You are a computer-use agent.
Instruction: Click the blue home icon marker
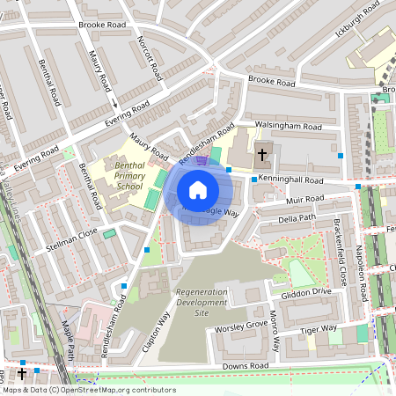point(198,190)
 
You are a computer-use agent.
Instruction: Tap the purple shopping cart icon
point(202,160)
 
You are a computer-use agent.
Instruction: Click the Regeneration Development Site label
point(202,302)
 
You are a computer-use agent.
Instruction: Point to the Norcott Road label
point(150,57)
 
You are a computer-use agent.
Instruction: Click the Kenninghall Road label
point(292,180)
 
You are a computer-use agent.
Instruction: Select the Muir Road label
point(311,201)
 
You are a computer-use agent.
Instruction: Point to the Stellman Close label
point(75,235)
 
